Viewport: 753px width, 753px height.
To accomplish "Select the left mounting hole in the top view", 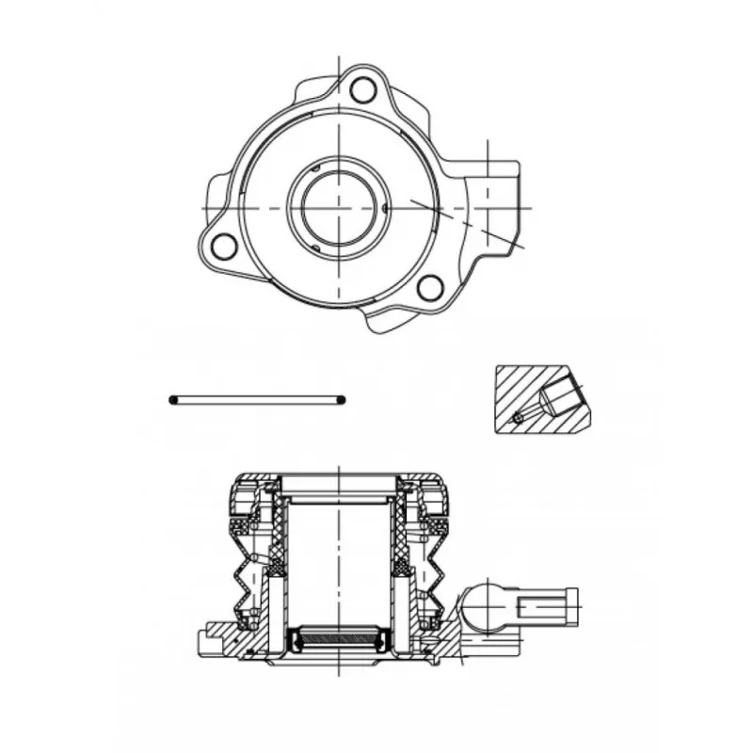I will click(x=223, y=247).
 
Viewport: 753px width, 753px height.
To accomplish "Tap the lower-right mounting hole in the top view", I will click(x=429, y=287).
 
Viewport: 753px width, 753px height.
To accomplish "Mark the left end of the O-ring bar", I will click(x=174, y=400).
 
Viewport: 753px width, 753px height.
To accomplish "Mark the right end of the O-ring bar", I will click(x=341, y=400).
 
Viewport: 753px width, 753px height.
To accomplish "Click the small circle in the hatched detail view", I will click(x=517, y=417).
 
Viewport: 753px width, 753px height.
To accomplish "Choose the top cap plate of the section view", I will click(x=339, y=483).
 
